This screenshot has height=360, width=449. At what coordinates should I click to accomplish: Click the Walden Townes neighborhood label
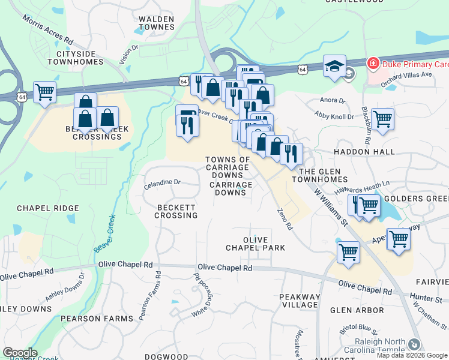click(156, 23)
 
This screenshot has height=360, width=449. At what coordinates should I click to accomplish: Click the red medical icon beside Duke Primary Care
click(372, 63)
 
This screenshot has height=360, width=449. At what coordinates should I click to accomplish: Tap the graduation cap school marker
click(334, 66)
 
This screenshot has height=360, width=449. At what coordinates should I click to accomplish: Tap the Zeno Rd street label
click(285, 219)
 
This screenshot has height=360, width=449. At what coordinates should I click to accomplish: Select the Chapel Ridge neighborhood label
click(48, 208)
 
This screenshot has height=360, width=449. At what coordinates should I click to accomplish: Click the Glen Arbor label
click(357, 310)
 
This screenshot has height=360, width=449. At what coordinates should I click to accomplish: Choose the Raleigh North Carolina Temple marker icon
click(414, 344)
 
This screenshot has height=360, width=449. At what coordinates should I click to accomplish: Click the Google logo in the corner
click(19, 353)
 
